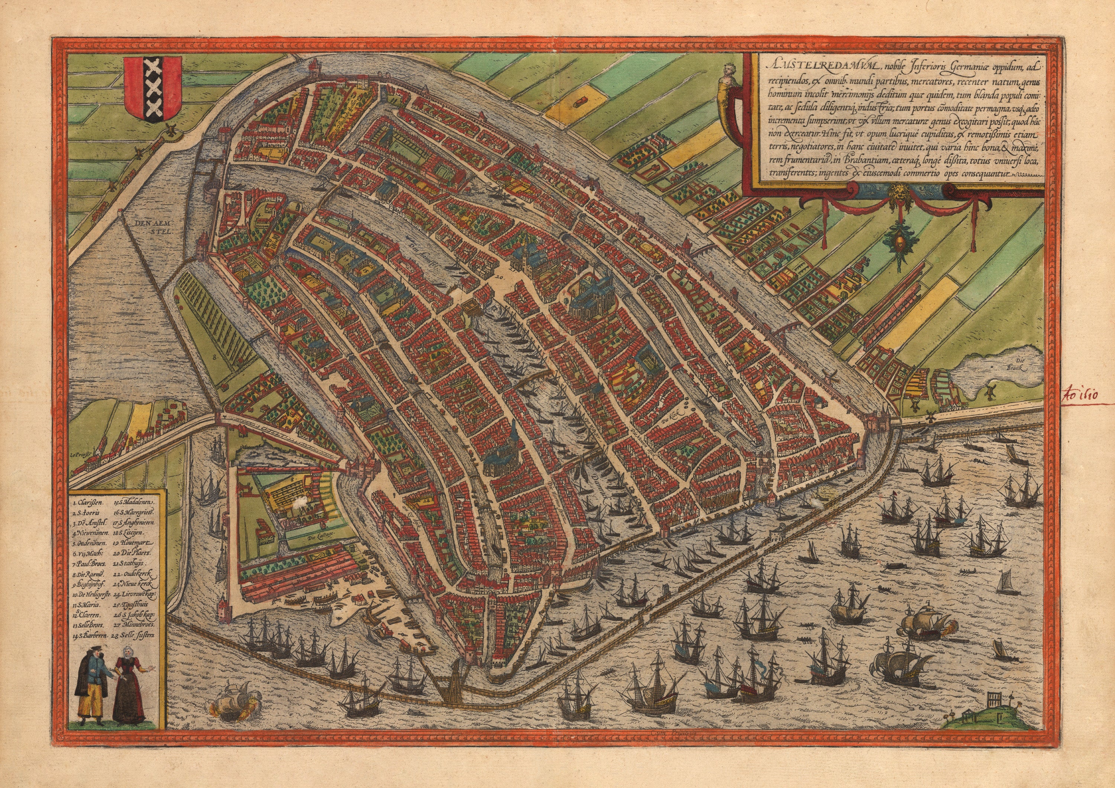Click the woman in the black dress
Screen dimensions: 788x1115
(x=129, y=690)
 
